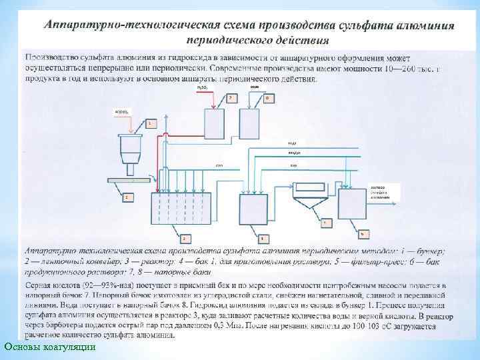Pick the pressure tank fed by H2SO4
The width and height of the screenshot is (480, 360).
pyautogui.click(x=214, y=123)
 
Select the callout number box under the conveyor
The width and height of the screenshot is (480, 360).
pyautogui.click(x=126, y=197)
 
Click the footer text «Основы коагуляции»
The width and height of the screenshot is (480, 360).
pyautogui.click(x=50, y=347)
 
